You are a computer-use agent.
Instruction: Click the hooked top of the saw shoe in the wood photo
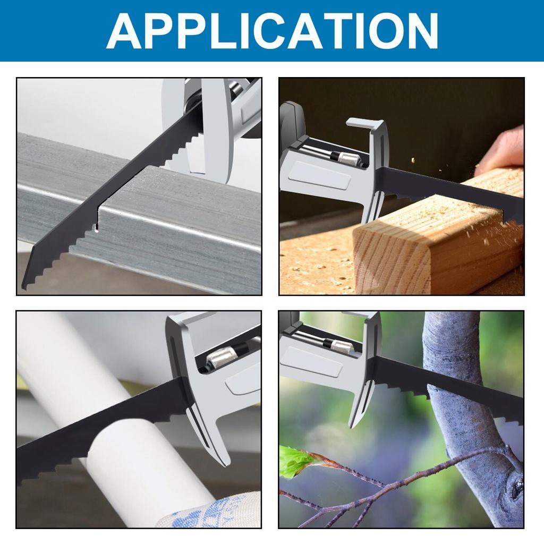[x=367, y=123]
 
